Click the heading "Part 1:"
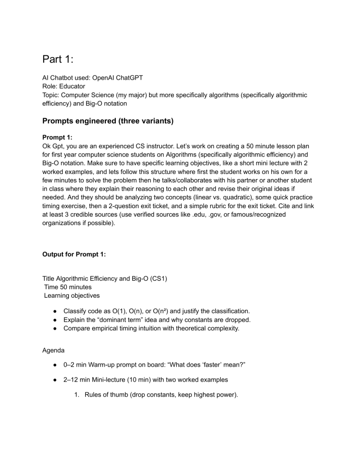coord(61,60)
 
